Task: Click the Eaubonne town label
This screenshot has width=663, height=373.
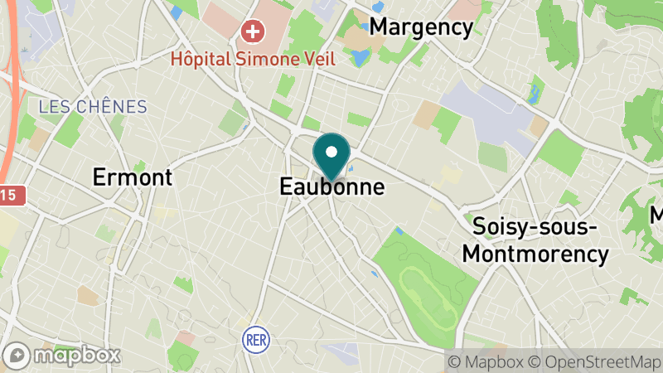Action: tap(331, 187)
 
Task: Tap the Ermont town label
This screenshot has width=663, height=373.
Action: tap(133, 177)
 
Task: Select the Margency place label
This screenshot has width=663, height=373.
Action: tap(421, 27)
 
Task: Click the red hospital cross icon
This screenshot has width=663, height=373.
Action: tap(252, 33)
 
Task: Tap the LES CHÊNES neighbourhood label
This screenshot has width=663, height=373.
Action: tap(93, 107)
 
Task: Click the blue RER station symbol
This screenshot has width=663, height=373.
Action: tap(254, 338)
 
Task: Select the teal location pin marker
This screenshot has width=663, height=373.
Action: tap(331, 157)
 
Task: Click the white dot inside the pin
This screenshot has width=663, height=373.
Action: tap(331, 152)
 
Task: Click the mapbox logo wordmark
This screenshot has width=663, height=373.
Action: tap(76, 355)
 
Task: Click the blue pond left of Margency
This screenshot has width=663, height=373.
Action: tap(359, 58)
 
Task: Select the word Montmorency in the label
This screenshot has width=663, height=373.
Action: tap(535, 253)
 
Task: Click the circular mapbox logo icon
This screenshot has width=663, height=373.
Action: tap(19, 356)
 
